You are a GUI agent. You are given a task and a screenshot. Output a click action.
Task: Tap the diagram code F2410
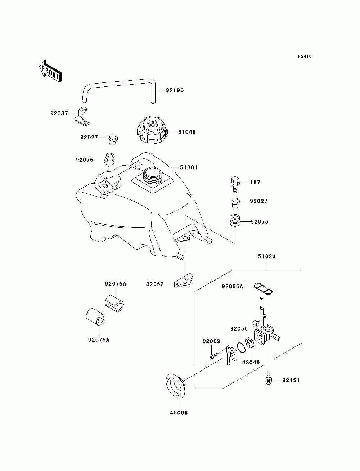(305, 57)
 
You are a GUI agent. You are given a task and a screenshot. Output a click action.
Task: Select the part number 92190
(175, 90)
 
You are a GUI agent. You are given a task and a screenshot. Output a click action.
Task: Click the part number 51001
(189, 167)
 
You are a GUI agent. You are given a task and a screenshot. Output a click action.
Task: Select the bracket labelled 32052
(184, 281)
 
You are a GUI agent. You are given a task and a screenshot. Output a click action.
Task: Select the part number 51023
(267, 256)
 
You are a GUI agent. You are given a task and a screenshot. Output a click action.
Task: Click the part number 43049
(251, 362)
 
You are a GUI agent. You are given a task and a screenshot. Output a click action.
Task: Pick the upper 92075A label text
(116, 284)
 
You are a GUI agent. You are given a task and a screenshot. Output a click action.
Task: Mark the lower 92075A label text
(99, 340)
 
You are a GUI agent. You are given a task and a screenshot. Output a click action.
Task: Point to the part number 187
(255, 182)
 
